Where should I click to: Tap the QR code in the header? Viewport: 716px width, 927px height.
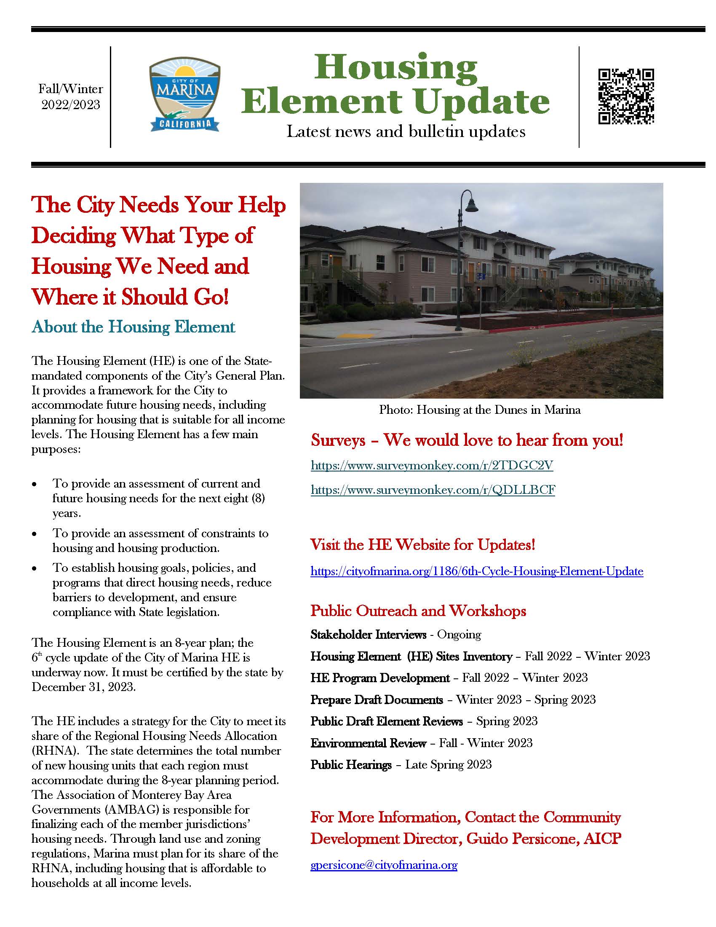625,96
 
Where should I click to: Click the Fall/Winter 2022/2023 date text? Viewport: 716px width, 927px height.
71,96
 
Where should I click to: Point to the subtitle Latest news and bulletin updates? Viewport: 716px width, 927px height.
406,131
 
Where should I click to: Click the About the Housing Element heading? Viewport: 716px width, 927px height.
133,327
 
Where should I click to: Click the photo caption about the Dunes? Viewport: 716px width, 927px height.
479,410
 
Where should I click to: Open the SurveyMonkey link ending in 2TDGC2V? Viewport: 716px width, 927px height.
432,466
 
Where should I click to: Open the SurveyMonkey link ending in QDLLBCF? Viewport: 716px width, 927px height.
433,490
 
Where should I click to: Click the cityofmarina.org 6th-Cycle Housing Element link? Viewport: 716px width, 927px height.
477,571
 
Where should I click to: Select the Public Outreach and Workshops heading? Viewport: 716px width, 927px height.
418,611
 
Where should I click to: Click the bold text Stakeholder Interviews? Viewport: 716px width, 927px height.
368,635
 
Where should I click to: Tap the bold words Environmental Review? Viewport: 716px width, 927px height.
368,743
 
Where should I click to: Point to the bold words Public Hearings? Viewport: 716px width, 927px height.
351,764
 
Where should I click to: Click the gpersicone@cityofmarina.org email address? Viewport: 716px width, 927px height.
384,865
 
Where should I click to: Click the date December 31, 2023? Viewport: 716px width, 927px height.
83,687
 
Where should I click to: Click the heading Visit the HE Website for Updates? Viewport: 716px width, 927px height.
422,544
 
